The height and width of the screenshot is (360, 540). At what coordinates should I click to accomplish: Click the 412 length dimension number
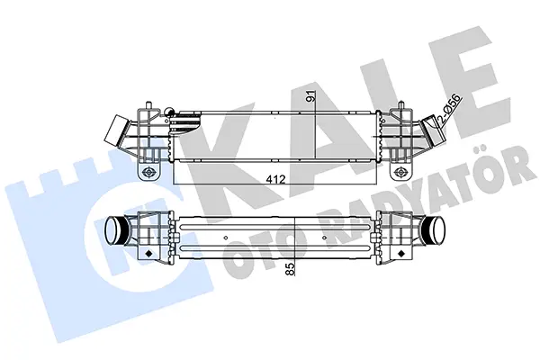point(275,179)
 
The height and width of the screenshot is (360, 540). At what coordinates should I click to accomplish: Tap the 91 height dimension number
point(311,95)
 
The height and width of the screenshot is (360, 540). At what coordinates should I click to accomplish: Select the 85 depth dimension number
point(291,269)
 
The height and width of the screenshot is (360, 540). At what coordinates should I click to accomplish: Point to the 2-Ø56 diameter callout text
point(448,109)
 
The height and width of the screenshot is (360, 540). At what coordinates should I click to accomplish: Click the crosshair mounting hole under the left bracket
point(148,171)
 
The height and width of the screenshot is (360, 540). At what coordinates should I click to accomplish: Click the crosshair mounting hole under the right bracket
point(400,171)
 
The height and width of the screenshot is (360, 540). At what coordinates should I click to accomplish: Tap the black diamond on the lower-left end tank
point(148,254)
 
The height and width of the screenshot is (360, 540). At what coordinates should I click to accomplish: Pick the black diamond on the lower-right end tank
point(400,254)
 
